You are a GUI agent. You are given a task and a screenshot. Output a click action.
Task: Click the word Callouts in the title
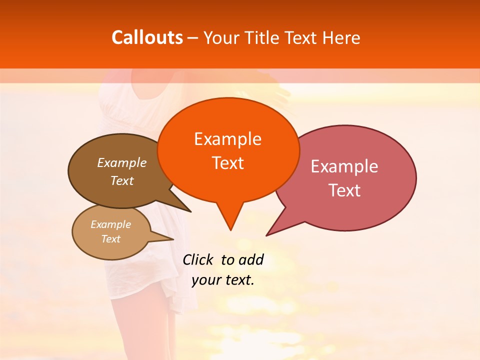tap(147, 37)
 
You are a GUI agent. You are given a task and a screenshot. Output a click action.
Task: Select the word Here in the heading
tap(341, 37)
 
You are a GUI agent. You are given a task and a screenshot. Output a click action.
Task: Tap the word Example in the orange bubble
tap(227, 138)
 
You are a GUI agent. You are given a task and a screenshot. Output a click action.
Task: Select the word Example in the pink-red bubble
tap(344, 166)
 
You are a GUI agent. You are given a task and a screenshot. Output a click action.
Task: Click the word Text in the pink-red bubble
tap(344, 190)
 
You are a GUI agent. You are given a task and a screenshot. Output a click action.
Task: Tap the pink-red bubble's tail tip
tap(267, 234)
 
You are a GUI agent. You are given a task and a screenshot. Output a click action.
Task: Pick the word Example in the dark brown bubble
tap(122, 162)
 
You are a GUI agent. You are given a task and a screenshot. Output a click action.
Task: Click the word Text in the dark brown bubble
tap(122, 180)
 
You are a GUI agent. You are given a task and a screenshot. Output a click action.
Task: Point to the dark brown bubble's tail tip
tap(190, 211)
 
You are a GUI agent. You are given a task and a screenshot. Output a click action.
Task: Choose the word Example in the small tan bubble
tap(111, 224)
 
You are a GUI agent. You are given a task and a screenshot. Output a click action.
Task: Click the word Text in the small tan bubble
tap(111, 239)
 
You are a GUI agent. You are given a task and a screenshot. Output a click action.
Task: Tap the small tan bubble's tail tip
tap(173, 239)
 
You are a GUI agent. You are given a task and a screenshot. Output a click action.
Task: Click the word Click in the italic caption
tap(197, 259)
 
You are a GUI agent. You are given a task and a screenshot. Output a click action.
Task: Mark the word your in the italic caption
tap(206, 280)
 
